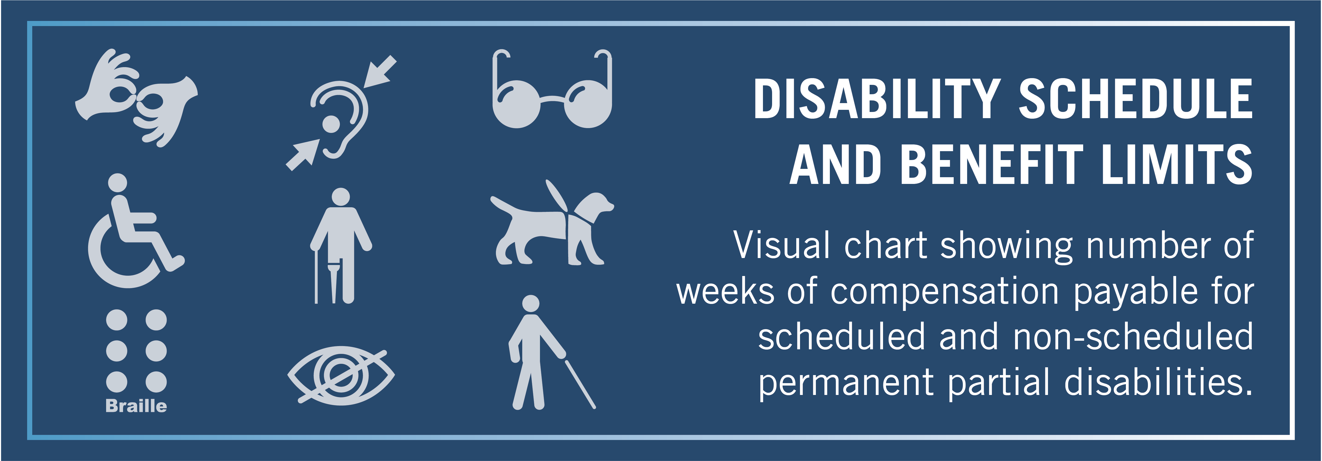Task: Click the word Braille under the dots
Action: point(136,406)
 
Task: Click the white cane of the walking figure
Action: point(580,384)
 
